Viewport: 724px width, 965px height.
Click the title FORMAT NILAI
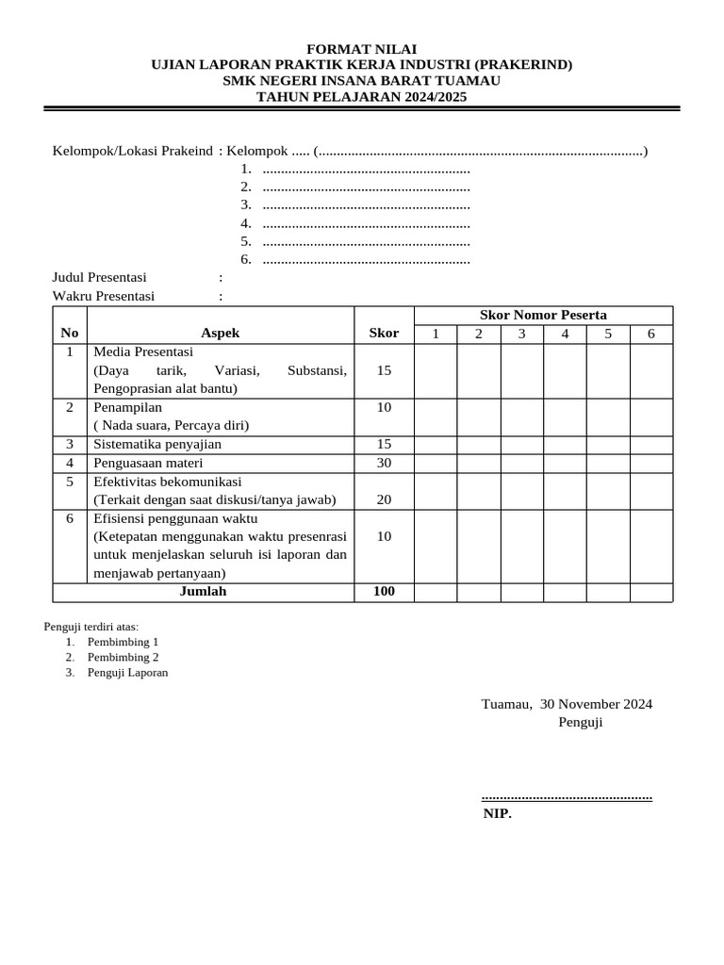(362, 49)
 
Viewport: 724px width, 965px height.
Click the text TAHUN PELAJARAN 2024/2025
(362, 97)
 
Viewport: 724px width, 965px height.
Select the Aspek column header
(221, 333)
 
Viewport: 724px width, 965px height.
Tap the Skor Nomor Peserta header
(543, 315)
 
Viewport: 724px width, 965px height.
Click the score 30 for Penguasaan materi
(384, 463)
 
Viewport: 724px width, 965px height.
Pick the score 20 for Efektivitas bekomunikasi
(384, 499)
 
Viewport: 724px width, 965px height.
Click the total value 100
(384, 592)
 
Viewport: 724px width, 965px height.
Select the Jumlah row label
(203, 592)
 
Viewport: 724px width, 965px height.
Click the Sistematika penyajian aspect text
(157, 444)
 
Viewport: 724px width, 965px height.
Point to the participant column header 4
(565, 334)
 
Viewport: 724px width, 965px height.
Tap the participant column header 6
(651, 334)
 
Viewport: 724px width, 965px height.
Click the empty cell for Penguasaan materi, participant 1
(436, 463)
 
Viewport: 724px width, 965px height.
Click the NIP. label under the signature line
(497, 814)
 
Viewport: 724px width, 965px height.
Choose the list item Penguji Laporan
(127, 673)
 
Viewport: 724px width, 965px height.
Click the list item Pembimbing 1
(123, 642)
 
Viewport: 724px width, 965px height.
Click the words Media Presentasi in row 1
(143, 352)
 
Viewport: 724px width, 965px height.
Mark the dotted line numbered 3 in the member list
(365, 204)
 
